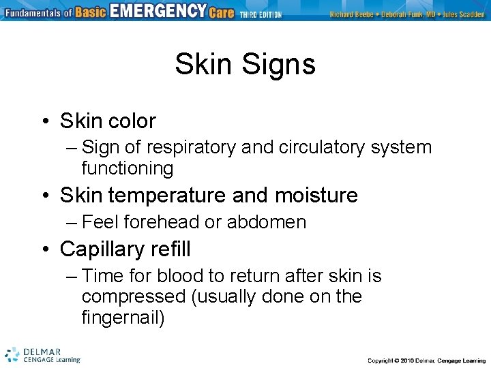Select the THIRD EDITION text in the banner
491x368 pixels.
pyautogui.click(x=261, y=14)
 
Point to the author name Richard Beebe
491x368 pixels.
pyautogui.click(x=351, y=14)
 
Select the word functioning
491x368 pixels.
pyautogui.click(x=127, y=168)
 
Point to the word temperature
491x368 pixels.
pyautogui.click(x=170, y=196)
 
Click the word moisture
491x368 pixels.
pyautogui.click(x=316, y=196)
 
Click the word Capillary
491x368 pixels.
pyautogui.click(x=103, y=249)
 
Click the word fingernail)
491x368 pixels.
pyautogui.click(x=123, y=317)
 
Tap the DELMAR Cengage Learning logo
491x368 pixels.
pyautogui.click(x=42, y=354)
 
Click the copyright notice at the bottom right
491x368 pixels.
pyautogui.click(x=425, y=360)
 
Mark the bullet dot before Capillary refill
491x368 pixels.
pyautogui.click(x=44, y=250)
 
